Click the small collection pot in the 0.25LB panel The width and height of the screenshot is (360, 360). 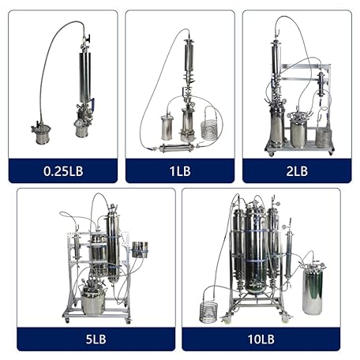pos(39,129)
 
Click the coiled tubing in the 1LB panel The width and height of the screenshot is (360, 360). pos(210,129)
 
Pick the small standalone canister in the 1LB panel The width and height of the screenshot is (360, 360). pos(167,126)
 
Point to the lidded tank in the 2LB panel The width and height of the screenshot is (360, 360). pos(298,131)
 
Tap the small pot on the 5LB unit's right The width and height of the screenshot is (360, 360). pos(141,249)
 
